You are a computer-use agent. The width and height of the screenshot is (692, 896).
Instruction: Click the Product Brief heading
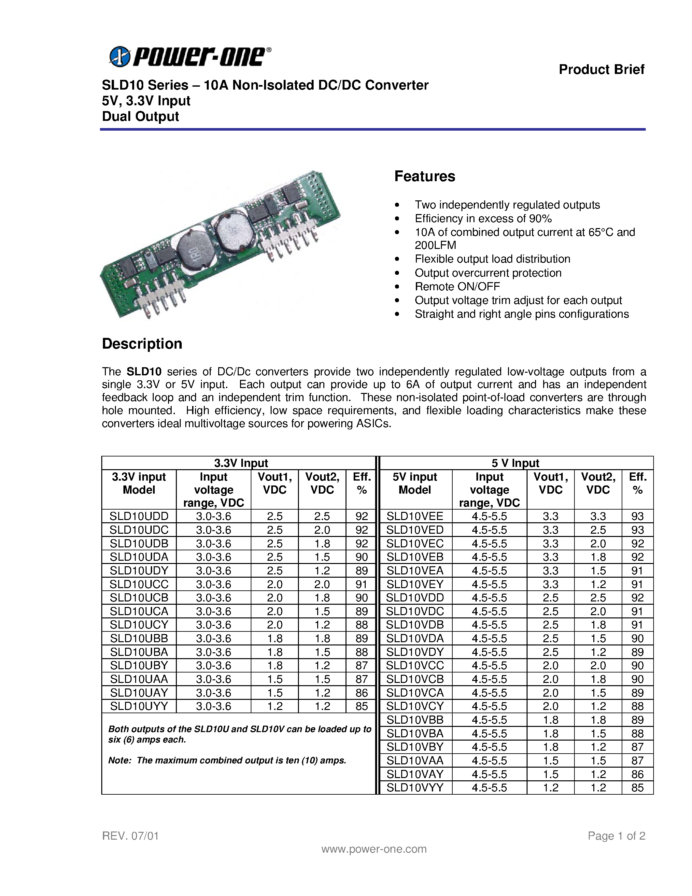click(x=601, y=69)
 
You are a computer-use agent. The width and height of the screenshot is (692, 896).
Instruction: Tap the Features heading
click(x=424, y=176)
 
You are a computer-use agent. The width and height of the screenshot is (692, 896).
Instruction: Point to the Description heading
click(x=142, y=343)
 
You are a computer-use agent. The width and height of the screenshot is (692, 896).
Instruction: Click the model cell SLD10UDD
click(x=139, y=516)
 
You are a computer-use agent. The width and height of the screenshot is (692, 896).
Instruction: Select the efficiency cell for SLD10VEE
click(x=637, y=516)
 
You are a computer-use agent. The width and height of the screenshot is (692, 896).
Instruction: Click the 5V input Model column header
click(x=415, y=483)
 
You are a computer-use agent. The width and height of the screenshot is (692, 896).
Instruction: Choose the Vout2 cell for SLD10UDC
click(x=322, y=530)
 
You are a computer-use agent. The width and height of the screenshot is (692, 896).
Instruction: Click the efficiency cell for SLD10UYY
click(x=361, y=706)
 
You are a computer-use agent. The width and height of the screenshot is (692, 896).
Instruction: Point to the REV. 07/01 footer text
click(x=130, y=836)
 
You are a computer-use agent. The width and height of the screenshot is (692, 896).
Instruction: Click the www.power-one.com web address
click(x=374, y=849)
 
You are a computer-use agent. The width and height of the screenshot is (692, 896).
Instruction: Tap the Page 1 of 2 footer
click(x=616, y=836)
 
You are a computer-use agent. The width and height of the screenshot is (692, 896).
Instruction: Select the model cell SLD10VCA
click(x=415, y=692)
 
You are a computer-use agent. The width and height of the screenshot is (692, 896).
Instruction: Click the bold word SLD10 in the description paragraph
click(x=144, y=371)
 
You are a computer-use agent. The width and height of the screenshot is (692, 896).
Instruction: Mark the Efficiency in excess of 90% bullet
click(x=483, y=218)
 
